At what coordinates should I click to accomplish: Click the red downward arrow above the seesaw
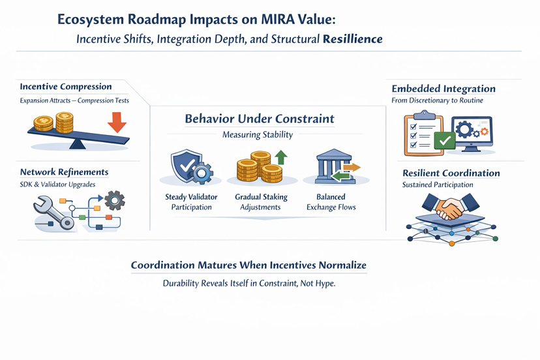[117, 123]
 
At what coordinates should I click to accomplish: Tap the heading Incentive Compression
[66, 87]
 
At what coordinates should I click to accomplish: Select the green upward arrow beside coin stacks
[281, 157]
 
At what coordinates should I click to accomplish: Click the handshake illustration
[450, 207]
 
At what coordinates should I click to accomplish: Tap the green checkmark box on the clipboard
[445, 141]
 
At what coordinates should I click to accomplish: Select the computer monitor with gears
[472, 134]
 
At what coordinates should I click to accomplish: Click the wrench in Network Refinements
[53, 212]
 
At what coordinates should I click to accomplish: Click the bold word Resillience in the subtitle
[353, 39]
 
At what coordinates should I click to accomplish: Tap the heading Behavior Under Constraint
[260, 119]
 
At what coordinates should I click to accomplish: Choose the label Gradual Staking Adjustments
[261, 202]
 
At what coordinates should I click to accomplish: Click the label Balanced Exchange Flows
[331, 202]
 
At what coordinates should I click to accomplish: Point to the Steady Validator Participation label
[191, 202]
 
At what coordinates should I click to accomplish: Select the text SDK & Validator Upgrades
[57, 185]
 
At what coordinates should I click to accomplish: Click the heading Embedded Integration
[443, 89]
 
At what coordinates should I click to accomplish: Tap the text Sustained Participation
[438, 185]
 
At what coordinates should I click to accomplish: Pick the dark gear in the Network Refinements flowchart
[114, 200]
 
